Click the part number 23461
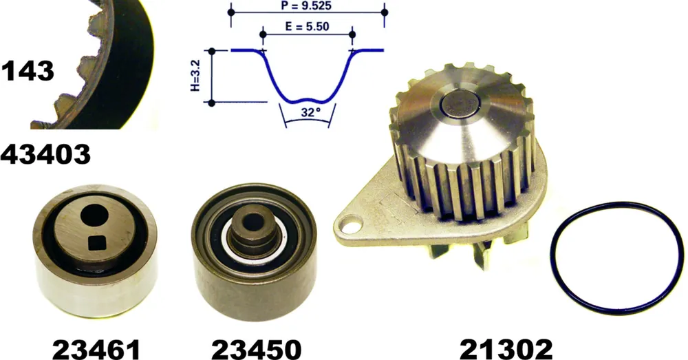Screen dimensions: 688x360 [x=96, y=350]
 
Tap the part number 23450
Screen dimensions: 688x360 [x=257, y=350]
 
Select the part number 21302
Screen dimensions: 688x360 [x=506, y=350]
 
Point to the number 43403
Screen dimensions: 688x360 [x=45, y=154]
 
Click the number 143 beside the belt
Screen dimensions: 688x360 [x=28, y=71]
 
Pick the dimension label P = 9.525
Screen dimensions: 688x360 [x=306, y=6]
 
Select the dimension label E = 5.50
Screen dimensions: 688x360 [x=307, y=26]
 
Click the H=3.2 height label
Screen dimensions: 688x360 [x=195, y=76]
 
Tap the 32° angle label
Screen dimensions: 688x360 [x=310, y=112]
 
